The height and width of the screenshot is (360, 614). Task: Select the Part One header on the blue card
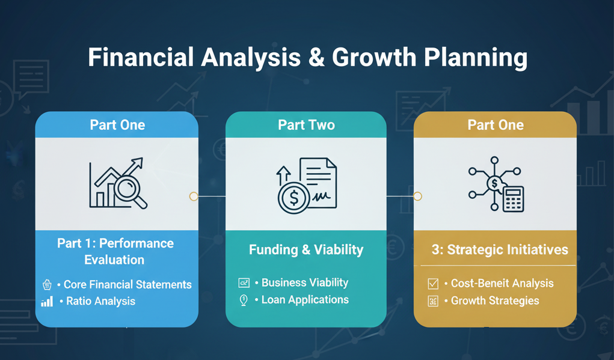coord(117,125)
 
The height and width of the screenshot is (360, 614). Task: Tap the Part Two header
coord(306,125)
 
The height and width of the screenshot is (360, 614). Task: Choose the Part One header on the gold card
coord(496,125)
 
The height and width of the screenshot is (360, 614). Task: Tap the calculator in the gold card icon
coord(513,199)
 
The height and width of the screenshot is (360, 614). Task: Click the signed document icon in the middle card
coord(318,182)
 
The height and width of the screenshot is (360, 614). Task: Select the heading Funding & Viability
coord(306,249)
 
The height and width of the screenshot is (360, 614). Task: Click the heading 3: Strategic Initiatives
coord(500,250)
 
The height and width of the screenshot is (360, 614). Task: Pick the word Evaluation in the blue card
coord(114,260)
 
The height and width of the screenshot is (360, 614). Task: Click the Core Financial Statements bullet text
coord(127,285)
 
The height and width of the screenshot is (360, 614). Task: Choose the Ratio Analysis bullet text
coord(100,301)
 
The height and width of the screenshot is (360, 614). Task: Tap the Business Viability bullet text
coord(305,282)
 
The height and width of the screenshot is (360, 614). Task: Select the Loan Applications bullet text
coord(305,299)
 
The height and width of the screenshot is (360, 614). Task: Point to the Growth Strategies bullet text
coord(495,301)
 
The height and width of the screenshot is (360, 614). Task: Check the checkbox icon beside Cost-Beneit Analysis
coord(433,284)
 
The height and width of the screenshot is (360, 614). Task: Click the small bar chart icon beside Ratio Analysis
coord(47,302)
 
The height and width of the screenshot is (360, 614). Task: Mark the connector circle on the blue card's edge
coord(194,197)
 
